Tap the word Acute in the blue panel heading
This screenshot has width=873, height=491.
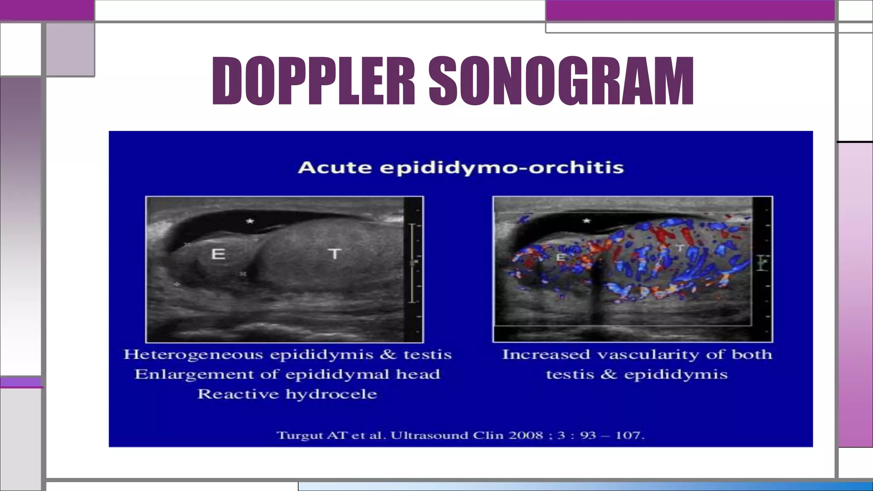334,168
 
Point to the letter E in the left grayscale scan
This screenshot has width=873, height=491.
218,254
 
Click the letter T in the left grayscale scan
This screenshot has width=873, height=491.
335,254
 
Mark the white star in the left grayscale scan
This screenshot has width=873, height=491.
250,221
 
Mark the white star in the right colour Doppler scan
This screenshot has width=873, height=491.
587,221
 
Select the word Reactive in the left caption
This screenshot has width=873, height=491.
238,394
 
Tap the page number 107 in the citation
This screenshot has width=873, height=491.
629,436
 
